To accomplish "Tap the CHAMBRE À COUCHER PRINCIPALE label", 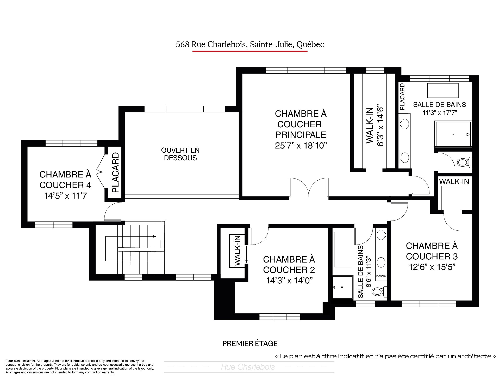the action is coord(301,124).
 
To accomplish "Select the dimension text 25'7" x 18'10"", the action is coord(301,145).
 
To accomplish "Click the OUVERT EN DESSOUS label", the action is coord(180,154).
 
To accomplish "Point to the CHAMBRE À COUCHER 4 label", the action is coord(65,180).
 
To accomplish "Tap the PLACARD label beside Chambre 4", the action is coord(115,172).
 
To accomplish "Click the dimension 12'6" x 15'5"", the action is coord(432,267).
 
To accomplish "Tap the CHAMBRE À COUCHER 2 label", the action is coord(289,264).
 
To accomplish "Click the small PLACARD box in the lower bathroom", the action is coord(381,276).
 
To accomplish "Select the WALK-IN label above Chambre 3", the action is coord(454,181).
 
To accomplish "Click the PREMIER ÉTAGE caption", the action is coord(250,343).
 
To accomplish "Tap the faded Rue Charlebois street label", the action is coord(248,367).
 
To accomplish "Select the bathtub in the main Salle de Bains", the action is coord(443,90).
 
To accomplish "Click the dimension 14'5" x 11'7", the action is coord(65,196).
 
